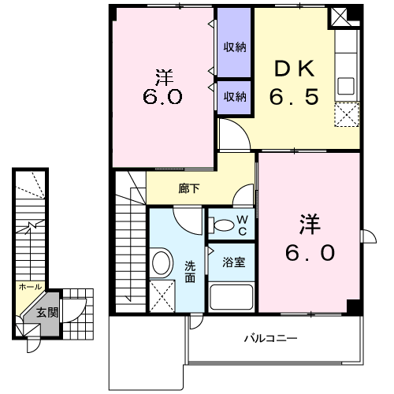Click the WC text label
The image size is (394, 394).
click(x=243, y=223)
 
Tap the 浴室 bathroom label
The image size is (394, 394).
click(x=232, y=262)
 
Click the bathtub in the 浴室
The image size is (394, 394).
click(x=230, y=298)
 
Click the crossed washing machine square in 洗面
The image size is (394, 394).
click(x=163, y=299)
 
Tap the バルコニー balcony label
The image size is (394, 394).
click(x=269, y=338)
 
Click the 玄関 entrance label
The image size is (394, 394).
click(x=47, y=313)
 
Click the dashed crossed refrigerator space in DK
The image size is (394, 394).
click(x=347, y=115)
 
